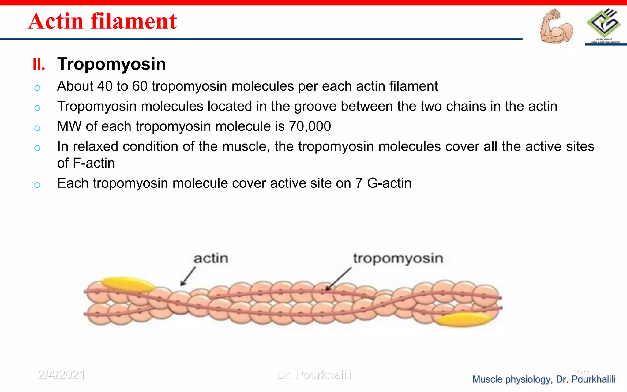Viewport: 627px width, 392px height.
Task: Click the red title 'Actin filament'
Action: click(102, 21)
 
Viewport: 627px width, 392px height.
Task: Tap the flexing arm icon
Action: click(556, 26)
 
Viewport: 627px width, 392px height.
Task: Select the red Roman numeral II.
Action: click(39, 65)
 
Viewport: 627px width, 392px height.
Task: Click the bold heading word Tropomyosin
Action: click(111, 64)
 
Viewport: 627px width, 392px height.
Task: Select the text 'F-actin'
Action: click(94, 163)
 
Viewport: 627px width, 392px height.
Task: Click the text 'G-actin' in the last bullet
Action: click(389, 183)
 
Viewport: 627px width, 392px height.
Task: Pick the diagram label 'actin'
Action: click(211, 258)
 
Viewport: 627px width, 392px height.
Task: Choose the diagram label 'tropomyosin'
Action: click(398, 258)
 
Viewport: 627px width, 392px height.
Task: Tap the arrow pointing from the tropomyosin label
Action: click(338, 279)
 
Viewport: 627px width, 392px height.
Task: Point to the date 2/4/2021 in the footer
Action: click(61, 375)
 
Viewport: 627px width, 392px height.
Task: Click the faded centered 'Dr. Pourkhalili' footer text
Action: click(314, 375)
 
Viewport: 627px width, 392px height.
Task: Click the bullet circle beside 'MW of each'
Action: click(37, 128)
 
